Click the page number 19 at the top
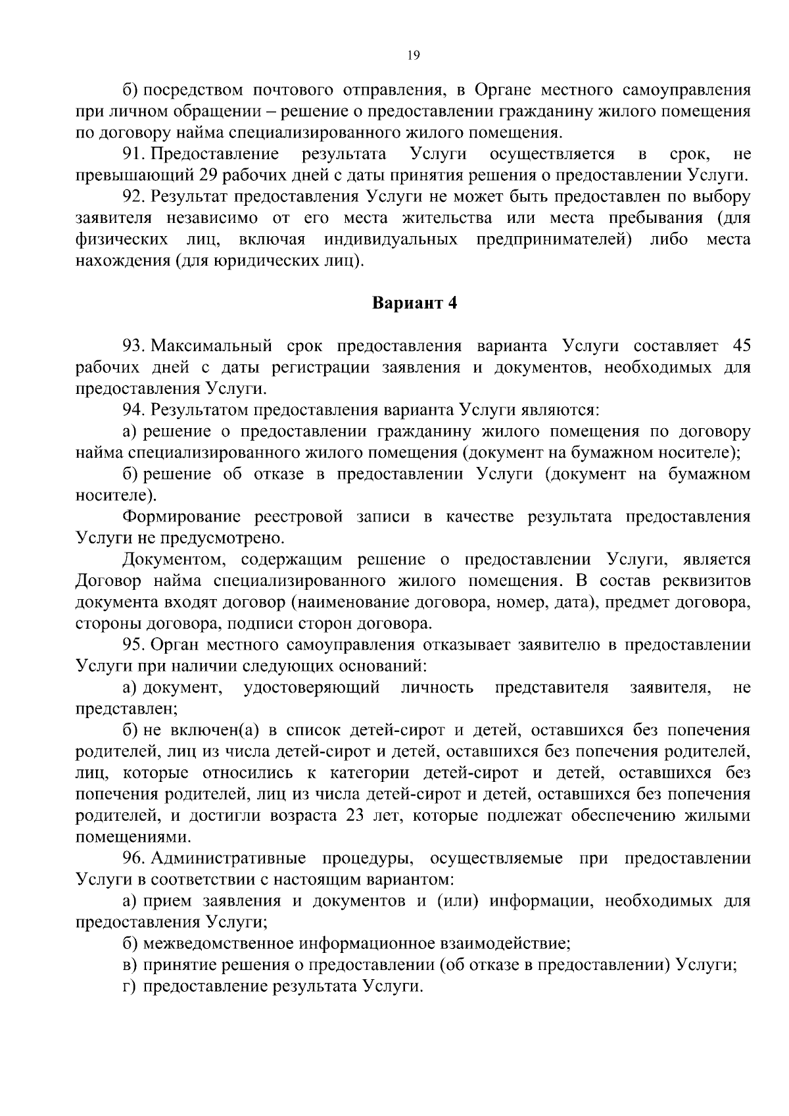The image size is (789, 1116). click(x=413, y=56)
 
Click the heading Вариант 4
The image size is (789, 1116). click(x=414, y=303)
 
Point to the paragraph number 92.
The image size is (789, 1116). click(x=133, y=197)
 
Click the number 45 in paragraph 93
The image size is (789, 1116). click(x=740, y=346)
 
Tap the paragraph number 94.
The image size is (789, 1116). click(x=133, y=410)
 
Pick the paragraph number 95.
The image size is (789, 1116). click(x=133, y=644)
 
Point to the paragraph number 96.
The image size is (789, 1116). click(x=133, y=858)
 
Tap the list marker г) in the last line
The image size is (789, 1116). click(x=130, y=986)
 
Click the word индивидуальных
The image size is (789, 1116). click(x=391, y=239)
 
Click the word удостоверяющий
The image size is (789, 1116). click(x=312, y=688)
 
